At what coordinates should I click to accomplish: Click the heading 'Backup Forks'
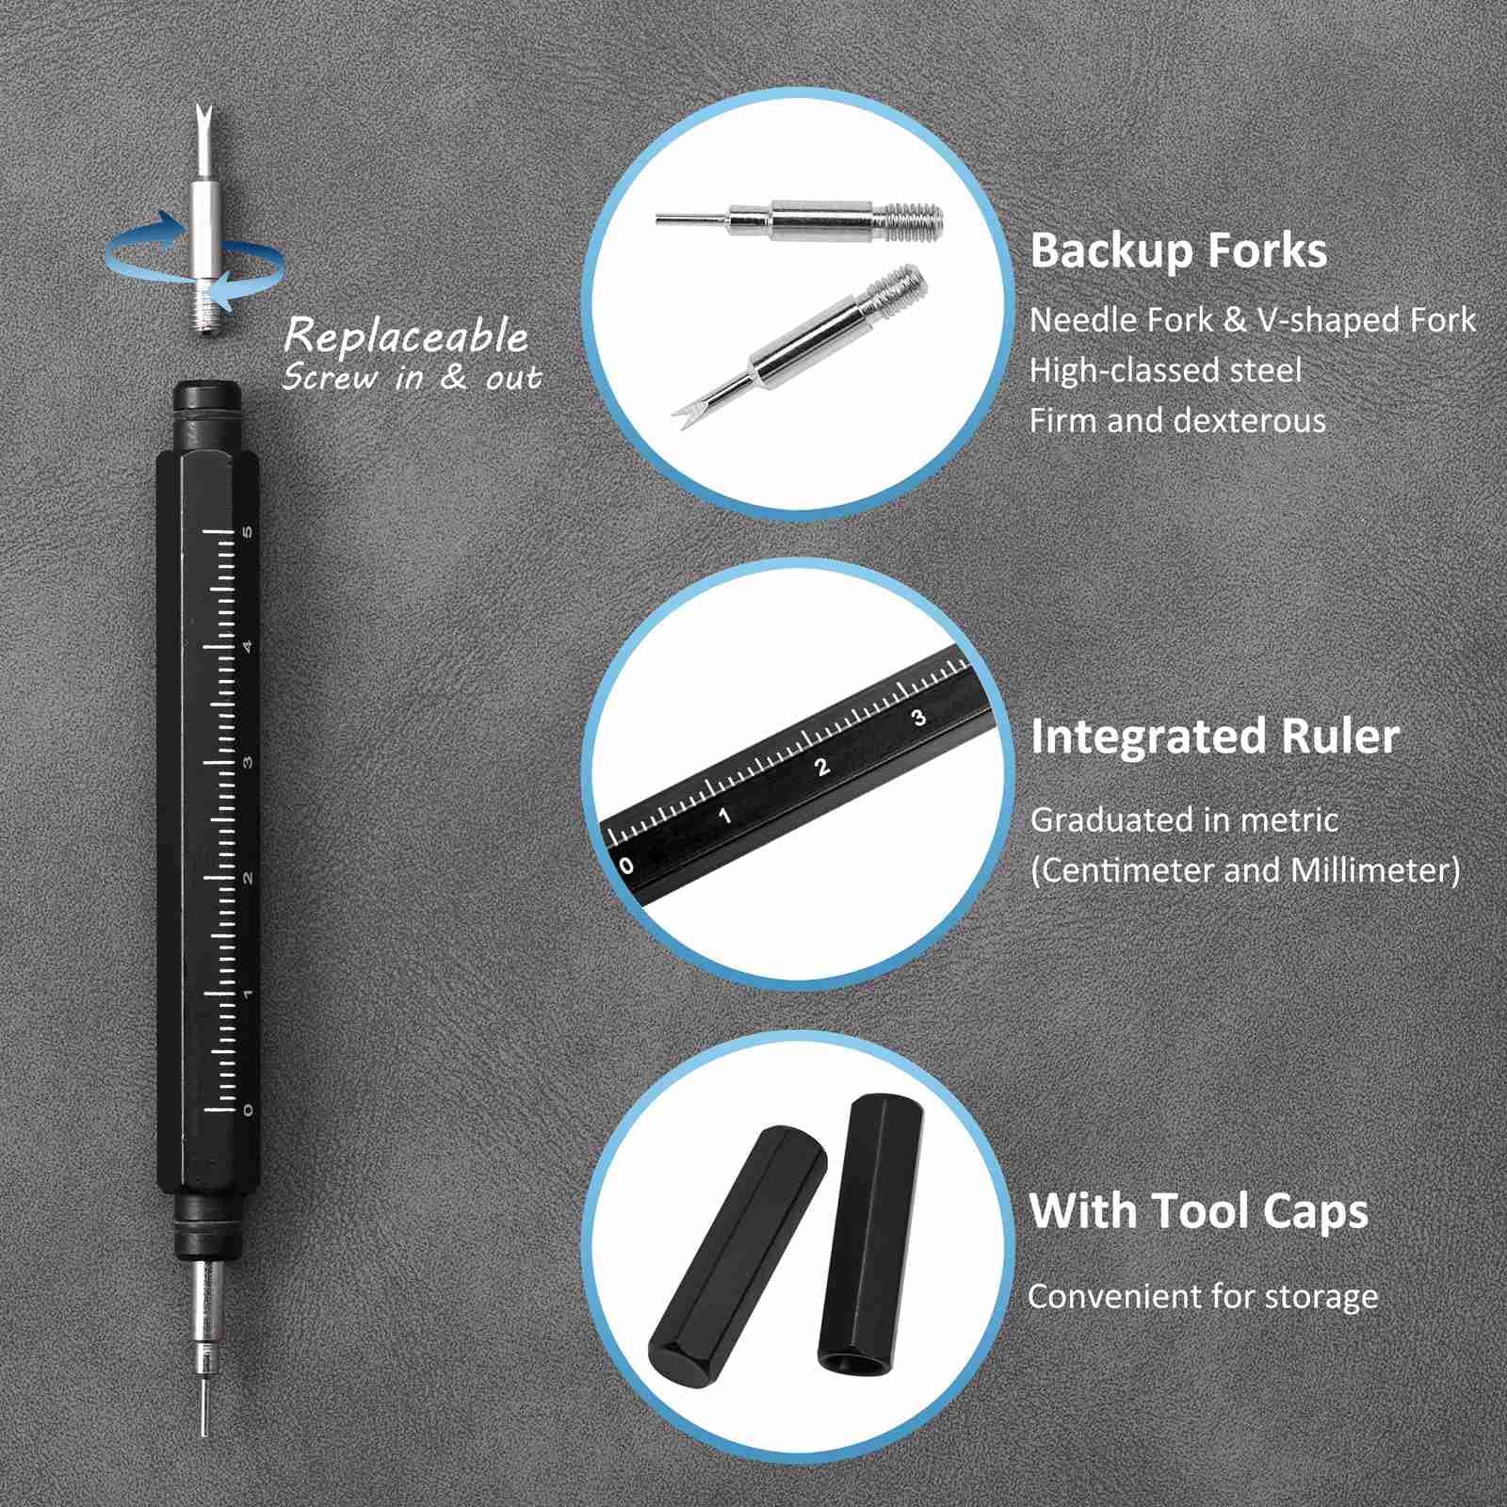pyautogui.click(x=1177, y=251)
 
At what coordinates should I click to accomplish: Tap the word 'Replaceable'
pyautogui.click(x=406, y=336)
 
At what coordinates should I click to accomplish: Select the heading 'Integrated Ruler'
pyautogui.click(x=1214, y=737)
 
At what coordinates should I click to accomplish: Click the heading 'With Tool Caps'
pyautogui.click(x=1198, y=1211)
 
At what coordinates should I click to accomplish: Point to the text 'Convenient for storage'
pyautogui.click(x=1202, y=1297)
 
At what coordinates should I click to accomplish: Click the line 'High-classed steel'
pyautogui.click(x=1165, y=370)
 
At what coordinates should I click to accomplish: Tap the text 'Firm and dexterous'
pyautogui.click(x=1176, y=420)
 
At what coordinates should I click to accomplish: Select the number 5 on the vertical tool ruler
pyautogui.click(x=249, y=531)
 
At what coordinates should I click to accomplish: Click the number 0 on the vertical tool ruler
pyautogui.click(x=249, y=1110)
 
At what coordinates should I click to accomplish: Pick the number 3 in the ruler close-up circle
pyautogui.click(x=919, y=718)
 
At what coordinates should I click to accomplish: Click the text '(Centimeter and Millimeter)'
pyautogui.click(x=1244, y=869)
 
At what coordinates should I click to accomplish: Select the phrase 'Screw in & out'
pyautogui.click(x=412, y=379)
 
